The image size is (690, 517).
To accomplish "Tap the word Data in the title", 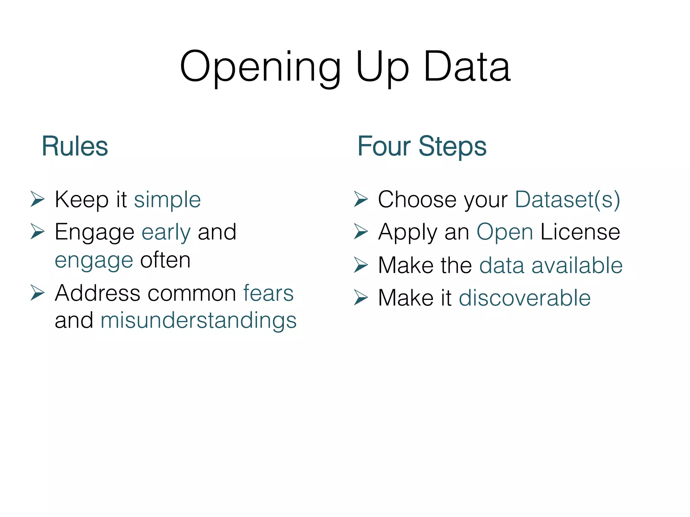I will (x=467, y=67).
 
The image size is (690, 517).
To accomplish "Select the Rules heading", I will (x=74, y=146).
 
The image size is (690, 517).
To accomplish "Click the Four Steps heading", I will (x=422, y=146).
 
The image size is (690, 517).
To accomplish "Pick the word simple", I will (x=167, y=200).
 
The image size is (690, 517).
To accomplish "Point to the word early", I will (x=166, y=232).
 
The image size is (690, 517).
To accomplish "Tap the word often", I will (x=165, y=260).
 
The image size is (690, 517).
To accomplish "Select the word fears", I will (x=269, y=293).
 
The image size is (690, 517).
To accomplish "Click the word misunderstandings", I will (x=198, y=320).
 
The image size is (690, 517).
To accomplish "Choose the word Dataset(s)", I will (x=567, y=200).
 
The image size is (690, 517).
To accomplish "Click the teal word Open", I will (x=504, y=232).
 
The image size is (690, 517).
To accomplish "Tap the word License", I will (x=580, y=232).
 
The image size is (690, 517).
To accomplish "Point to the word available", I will (x=577, y=266).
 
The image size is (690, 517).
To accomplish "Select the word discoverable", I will (x=525, y=298).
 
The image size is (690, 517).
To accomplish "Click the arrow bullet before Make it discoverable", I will (x=361, y=298).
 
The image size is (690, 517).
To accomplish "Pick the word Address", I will (x=97, y=293).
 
